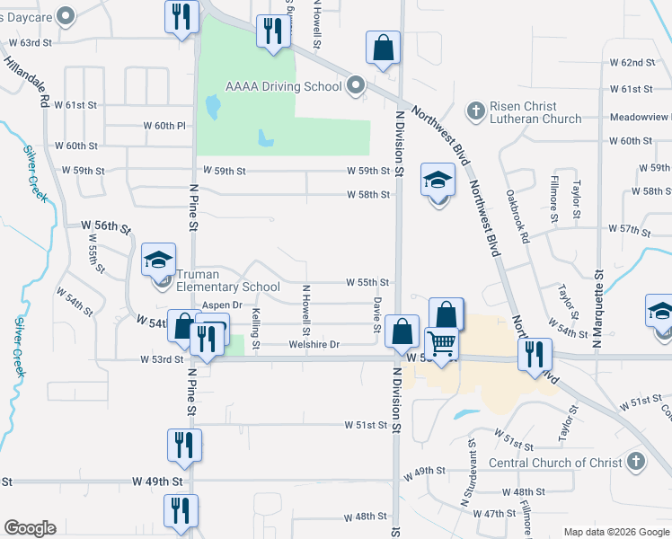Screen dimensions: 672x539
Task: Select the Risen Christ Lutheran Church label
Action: point(535,112)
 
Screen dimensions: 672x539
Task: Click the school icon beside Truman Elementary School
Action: point(158,261)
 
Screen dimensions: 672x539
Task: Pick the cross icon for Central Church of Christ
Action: point(634,462)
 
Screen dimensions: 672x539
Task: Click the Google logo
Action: point(30,528)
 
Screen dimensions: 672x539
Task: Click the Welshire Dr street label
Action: point(314,344)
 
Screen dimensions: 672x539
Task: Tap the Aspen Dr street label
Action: point(222,305)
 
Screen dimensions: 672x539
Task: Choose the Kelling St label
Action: point(256,329)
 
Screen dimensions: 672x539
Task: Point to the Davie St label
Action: point(377,314)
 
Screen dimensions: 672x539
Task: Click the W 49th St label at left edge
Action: point(157,482)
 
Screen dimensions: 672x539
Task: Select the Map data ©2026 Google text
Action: point(615,532)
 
